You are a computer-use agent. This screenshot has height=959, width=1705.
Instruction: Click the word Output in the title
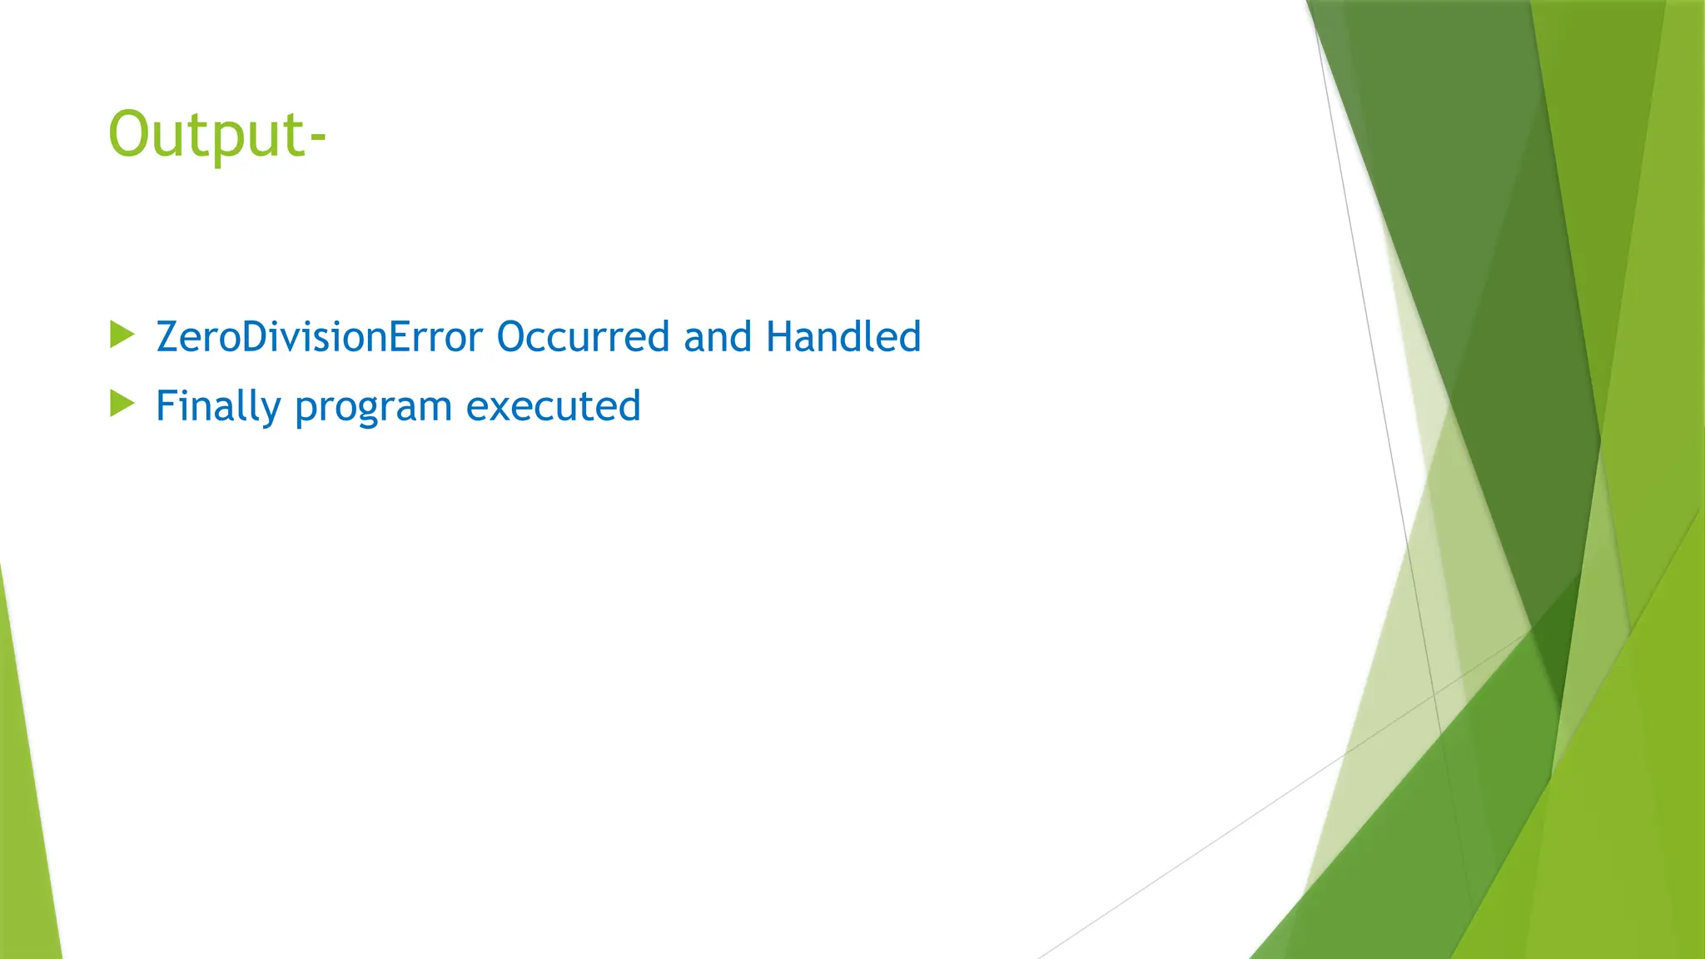pyautogui.click(x=207, y=135)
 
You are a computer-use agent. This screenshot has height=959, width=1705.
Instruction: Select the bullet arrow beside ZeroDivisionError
pyautogui.click(x=122, y=335)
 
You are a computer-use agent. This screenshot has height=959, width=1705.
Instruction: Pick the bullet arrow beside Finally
pyautogui.click(x=122, y=405)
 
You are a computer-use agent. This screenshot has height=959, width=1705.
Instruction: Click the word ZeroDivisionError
pyautogui.click(x=319, y=337)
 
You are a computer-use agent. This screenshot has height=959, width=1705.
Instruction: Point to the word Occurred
pyautogui.click(x=583, y=337)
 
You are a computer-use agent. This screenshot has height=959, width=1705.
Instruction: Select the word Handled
pyautogui.click(x=843, y=337)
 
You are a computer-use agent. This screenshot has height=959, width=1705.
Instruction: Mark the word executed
pyautogui.click(x=553, y=407)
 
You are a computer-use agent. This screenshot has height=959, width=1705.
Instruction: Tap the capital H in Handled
pyautogui.click(x=778, y=337)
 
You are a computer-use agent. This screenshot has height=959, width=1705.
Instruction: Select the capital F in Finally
pyautogui.click(x=166, y=406)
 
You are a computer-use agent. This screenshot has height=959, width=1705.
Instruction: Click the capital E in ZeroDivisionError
pyautogui.click(x=401, y=337)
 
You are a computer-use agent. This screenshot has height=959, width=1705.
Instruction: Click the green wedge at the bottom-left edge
pyautogui.click(x=25, y=832)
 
